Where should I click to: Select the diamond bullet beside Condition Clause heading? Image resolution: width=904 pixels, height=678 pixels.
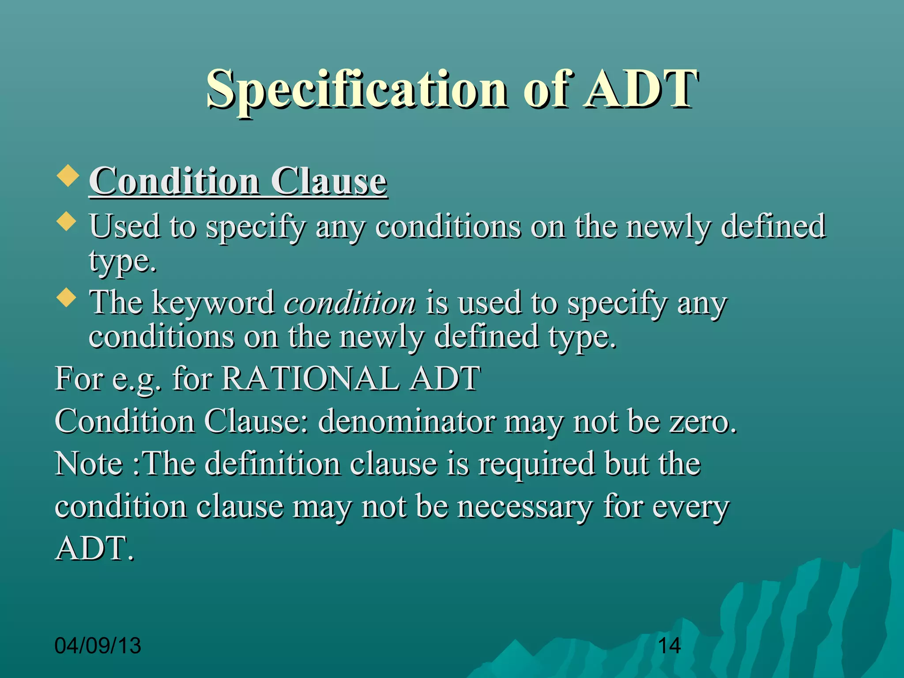[x=68, y=175]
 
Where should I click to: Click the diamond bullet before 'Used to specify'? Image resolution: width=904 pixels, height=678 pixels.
[x=67, y=221]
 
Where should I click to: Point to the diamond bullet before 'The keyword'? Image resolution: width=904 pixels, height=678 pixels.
[x=67, y=298]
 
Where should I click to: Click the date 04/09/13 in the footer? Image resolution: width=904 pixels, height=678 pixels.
[x=98, y=645]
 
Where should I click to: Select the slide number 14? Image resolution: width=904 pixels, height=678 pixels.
[x=669, y=645]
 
